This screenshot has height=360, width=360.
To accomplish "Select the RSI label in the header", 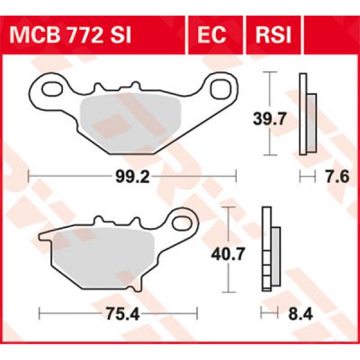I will point(273,35).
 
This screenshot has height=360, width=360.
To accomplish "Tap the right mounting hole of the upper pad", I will point(221,86).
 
